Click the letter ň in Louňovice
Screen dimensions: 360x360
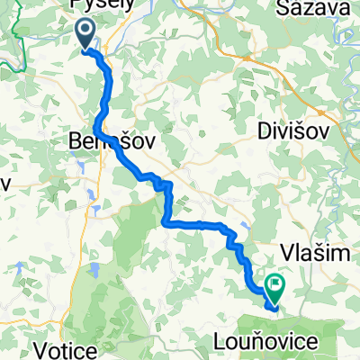pos(280,339)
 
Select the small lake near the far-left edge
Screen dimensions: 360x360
pos(16,266)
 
